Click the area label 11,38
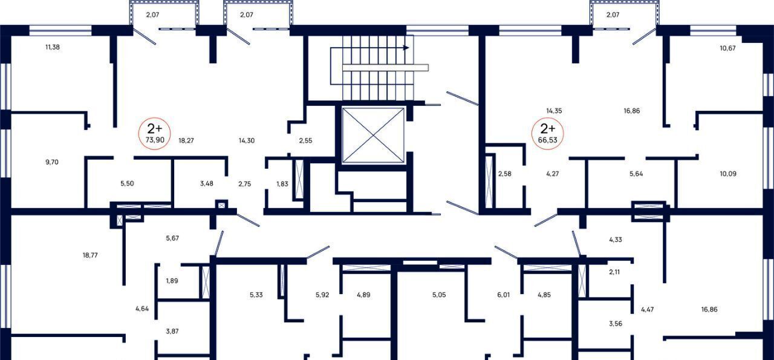(x=53, y=47)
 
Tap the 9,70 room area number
(x=52, y=162)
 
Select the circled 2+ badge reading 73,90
(x=154, y=134)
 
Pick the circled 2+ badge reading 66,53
(x=548, y=134)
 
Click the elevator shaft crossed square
(x=373, y=135)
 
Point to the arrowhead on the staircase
(x=406, y=48)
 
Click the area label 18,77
(x=90, y=255)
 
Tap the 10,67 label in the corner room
(x=727, y=48)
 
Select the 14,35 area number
(x=554, y=111)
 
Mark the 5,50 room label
(x=127, y=183)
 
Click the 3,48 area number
(x=207, y=183)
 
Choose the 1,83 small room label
(x=282, y=184)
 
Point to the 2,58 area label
(x=505, y=174)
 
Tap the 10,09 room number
(x=728, y=174)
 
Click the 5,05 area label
(x=439, y=295)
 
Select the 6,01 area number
(x=504, y=295)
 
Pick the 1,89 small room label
(x=172, y=281)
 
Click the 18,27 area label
(x=186, y=140)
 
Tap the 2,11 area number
(x=614, y=272)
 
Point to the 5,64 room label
(x=636, y=174)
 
